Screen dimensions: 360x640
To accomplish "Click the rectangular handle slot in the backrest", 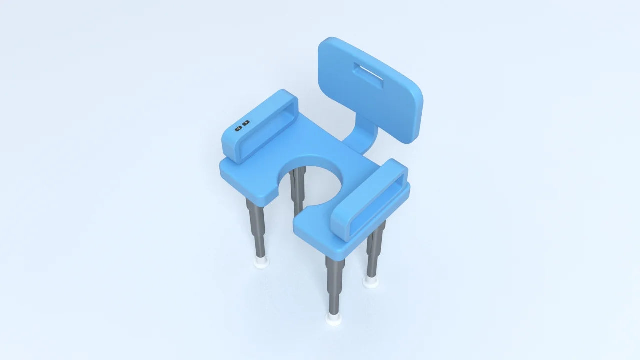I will (x=369, y=75).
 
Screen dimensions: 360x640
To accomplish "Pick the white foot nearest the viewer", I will (x=333, y=318).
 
